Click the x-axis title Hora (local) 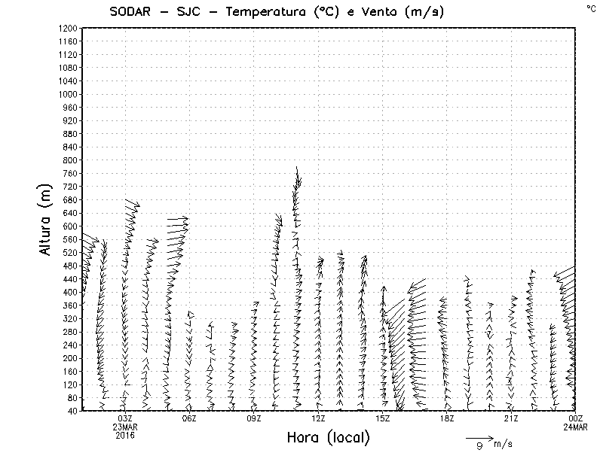[327, 437]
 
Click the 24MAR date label [575, 427]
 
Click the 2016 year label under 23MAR [125, 434]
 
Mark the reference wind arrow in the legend [479, 437]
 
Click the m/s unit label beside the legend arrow [503, 445]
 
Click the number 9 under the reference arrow [479, 446]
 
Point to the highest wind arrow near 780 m [298, 177]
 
